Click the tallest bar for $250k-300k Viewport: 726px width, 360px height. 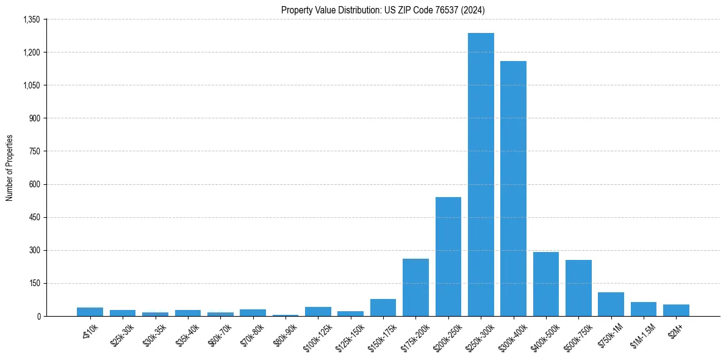tap(481, 175)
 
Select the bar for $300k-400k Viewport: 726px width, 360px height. tap(513, 189)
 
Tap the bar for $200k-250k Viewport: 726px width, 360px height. tap(448, 256)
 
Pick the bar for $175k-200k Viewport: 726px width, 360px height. tap(415, 287)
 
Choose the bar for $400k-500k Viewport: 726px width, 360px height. tap(546, 284)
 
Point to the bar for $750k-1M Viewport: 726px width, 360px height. tap(611, 304)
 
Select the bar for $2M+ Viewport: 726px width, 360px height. tap(676, 310)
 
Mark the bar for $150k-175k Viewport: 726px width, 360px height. tap(383, 308)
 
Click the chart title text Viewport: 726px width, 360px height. tap(383, 10)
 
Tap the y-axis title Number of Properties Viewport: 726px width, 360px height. tap(10, 168)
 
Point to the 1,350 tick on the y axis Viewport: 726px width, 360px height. tap(31, 20)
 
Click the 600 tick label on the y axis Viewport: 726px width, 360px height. tap(34, 184)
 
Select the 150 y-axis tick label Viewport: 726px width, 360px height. tap(34, 283)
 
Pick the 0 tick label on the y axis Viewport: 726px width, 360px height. tap(38, 316)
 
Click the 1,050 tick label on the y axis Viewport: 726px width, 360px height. tap(31, 85)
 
